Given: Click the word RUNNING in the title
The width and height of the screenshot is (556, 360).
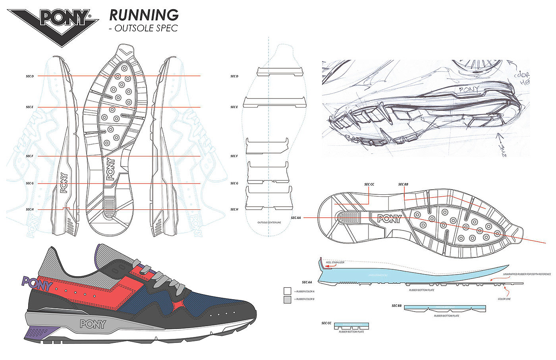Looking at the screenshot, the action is [144, 15].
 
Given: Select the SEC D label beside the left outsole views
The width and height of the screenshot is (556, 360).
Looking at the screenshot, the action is [30, 76].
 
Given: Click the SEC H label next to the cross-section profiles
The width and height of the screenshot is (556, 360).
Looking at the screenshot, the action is [234, 209].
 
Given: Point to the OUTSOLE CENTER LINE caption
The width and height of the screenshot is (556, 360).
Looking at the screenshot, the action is [269, 223].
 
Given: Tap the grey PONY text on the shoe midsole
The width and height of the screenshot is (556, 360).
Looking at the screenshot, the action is [93, 324].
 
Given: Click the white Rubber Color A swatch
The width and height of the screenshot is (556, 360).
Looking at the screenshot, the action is [288, 291].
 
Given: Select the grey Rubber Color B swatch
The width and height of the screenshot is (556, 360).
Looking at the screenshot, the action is [288, 300].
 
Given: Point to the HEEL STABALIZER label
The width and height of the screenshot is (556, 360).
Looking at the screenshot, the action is [335, 263].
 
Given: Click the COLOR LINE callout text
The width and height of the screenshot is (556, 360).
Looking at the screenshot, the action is [504, 299].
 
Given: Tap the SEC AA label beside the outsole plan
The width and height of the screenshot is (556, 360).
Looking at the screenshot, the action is [296, 218].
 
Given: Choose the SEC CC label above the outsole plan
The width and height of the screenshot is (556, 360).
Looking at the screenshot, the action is [369, 184].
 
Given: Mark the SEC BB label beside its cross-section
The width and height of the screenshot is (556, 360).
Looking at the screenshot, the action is [396, 306].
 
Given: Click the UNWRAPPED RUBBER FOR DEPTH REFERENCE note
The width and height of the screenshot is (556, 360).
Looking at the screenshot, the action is [527, 274].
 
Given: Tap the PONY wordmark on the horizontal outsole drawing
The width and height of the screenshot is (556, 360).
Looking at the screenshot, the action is [389, 218].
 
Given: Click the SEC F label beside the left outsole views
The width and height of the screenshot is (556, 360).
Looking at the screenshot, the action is [30, 156].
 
